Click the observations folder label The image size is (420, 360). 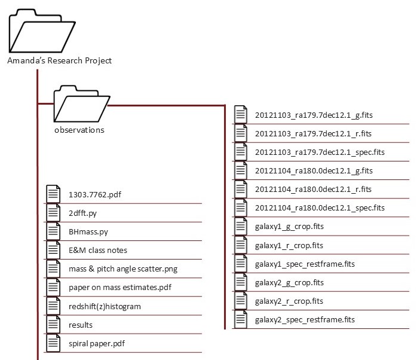pos(79,130)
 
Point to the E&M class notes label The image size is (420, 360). pos(98,250)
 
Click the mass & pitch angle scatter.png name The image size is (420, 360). pos(123,269)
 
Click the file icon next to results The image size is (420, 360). pos(54,325)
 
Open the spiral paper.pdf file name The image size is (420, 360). pos(97,344)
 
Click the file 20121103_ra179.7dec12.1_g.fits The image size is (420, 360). pos(314,115)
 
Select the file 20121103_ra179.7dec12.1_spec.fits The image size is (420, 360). pos(320,152)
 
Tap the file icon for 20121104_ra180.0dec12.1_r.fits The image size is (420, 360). pos(241,189)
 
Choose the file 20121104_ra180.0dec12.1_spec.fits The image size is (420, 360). pos(320,208)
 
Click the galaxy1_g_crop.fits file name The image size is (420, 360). pos(289,227)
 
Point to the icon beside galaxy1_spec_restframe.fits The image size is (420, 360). pos(241,264)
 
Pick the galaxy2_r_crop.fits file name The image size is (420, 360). pos(289,301)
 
